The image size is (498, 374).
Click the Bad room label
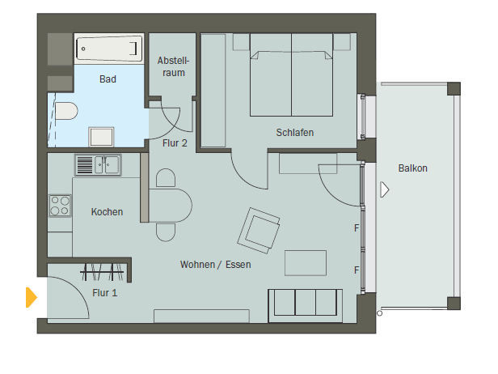pyautogui.click(x=108, y=79)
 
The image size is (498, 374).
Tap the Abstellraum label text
pyautogui.click(x=173, y=66)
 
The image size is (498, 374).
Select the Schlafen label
pyautogui.click(x=295, y=132)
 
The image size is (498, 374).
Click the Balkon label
pyautogui.click(x=412, y=168)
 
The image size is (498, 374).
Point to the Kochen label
pyautogui.click(x=107, y=212)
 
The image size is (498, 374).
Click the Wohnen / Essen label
pyautogui.click(x=215, y=264)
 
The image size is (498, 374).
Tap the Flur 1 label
pyautogui.click(x=105, y=292)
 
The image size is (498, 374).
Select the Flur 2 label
pyautogui.click(x=175, y=143)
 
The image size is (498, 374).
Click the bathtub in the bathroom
pyautogui.click(x=109, y=49)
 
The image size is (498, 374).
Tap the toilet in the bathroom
pyautogui.click(x=66, y=111)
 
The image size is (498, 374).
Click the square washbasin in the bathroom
pyautogui.click(x=101, y=137)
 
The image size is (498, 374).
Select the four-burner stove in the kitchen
pyautogui.click(x=60, y=206)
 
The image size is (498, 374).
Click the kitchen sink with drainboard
pyautogui.click(x=98, y=165)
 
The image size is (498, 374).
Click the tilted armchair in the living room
pyautogui.click(x=259, y=231)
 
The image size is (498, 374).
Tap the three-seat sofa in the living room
pyautogui.click(x=306, y=306)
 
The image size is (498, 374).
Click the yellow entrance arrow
pyautogui.click(x=31, y=297)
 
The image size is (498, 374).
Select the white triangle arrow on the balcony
pyautogui.click(x=384, y=189)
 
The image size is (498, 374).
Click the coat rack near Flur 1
pyautogui.click(x=102, y=272)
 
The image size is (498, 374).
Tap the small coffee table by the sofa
pyautogui.click(x=306, y=262)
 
